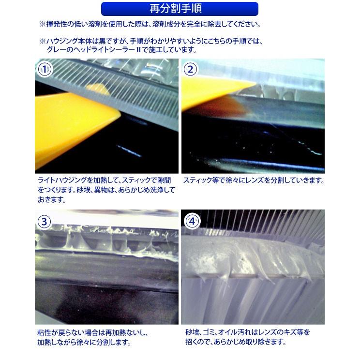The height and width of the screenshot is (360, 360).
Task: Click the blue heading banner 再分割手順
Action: click(180, 9)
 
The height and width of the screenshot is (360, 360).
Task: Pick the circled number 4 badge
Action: click(192, 222)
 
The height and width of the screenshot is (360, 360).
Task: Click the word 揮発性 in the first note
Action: click(56, 24)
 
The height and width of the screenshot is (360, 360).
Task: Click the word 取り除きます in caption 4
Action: click(265, 342)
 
